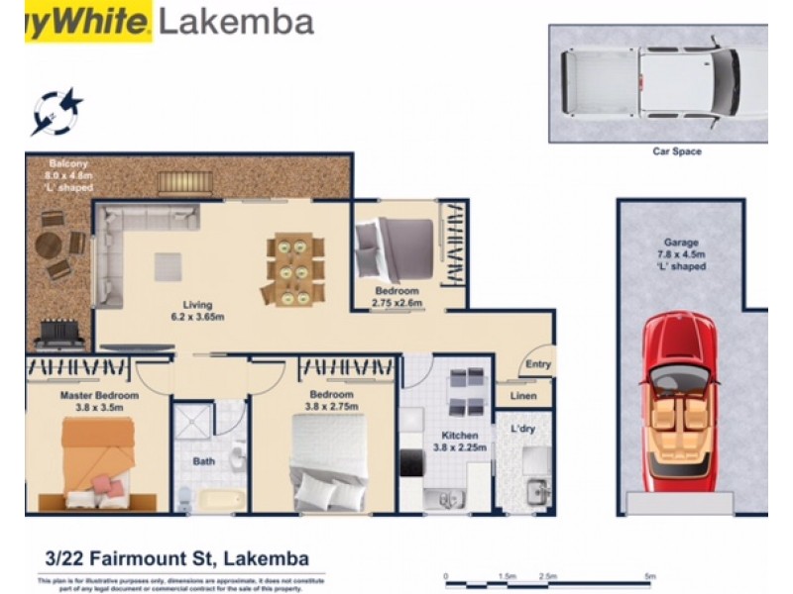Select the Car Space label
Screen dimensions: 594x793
point(677,151)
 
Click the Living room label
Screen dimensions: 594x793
point(196,304)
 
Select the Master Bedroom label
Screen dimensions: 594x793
point(98,395)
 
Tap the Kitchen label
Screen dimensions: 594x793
point(460,435)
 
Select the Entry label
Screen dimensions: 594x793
point(537,364)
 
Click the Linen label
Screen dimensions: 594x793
point(522,396)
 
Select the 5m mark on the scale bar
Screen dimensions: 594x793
point(649,575)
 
